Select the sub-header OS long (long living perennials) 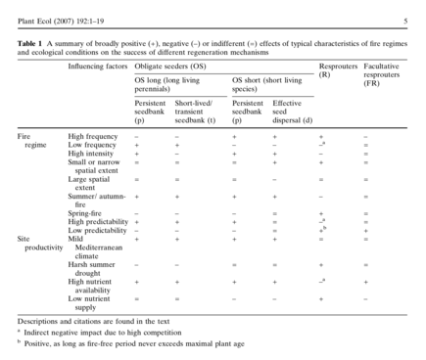(x=170, y=84)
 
